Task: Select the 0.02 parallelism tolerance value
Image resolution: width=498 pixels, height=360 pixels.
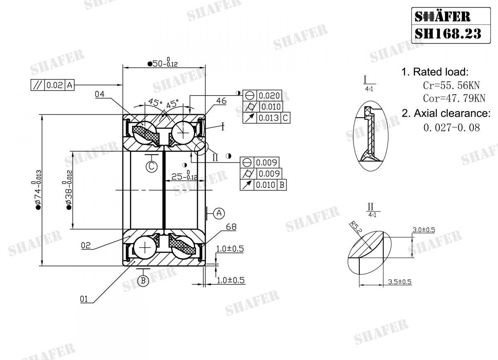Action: (x=54, y=85)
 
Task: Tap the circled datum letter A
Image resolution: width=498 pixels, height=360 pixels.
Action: (x=219, y=213)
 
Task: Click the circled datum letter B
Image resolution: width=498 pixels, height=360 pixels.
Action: (x=143, y=281)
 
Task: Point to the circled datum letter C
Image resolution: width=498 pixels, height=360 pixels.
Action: (x=152, y=166)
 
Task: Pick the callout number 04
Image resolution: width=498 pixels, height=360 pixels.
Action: (x=100, y=95)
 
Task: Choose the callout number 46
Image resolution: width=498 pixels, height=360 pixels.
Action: (x=221, y=101)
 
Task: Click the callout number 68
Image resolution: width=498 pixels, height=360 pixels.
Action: (x=232, y=227)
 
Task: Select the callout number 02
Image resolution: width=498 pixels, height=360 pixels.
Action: (x=85, y=246)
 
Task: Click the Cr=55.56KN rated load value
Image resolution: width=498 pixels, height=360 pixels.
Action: (x=451, y=85)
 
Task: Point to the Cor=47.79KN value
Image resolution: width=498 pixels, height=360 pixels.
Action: (x=454, y=99)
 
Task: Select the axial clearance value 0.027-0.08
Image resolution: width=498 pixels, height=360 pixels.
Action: (x=452, y=127)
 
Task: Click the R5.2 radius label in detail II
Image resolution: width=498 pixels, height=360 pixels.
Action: (x=354, y=227)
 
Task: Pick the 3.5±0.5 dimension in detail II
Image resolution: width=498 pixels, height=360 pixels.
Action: (x=399, y=282)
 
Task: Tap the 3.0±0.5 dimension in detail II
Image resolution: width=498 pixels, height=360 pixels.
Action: (x=423, y=230)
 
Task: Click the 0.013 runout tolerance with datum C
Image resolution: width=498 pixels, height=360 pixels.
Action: (x=269, y=118)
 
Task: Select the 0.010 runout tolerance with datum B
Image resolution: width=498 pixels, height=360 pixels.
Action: (x=265, y=185)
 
